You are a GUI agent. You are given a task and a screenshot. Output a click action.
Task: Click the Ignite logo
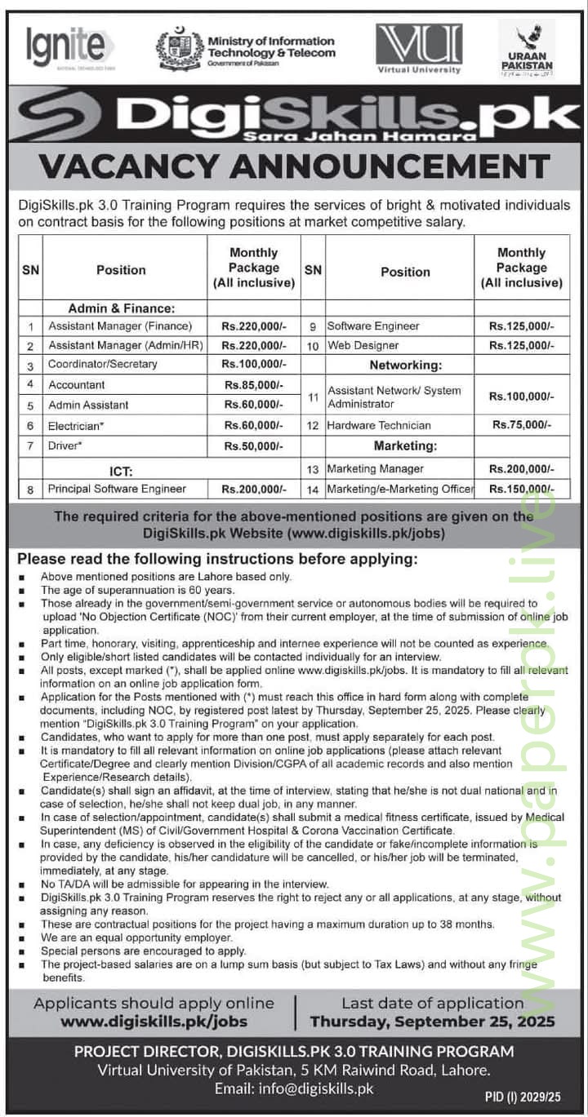(69, 46)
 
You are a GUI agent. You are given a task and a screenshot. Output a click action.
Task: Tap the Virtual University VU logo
(419, 47)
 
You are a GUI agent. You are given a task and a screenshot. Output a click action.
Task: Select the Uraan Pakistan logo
(526, 49)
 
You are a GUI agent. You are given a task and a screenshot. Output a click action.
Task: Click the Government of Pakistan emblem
(180, 48)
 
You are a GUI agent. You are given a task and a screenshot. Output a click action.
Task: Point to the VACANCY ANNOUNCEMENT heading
(294, 166)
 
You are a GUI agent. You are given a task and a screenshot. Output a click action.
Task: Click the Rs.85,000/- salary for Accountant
(253, 384)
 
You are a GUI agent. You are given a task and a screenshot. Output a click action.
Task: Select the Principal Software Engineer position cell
(117, 489)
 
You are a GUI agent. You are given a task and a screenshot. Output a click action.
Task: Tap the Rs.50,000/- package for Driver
(253, 445)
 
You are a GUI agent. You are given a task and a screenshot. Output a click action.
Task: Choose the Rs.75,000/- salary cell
(521, 425)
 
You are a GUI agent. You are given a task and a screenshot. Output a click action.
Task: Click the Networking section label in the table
(405, 365)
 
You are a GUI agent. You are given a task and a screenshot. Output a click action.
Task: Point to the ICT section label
(121, 471)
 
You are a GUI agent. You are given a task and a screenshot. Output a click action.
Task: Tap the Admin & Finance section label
(121, 308)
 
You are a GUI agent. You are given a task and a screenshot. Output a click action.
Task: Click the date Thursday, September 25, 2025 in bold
(432, 1021)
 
